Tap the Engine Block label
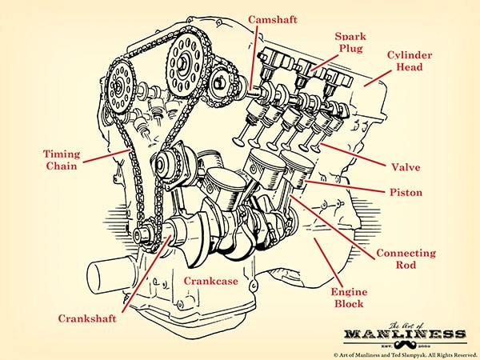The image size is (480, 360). pyautogui.click(x=348, y=298)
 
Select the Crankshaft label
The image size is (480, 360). pyautogui.click(x=87, y=318)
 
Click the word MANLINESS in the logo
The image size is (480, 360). pyautogui.click(x=405, y=333)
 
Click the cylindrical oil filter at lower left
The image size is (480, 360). pyautogui.click(x=108, y=277)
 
